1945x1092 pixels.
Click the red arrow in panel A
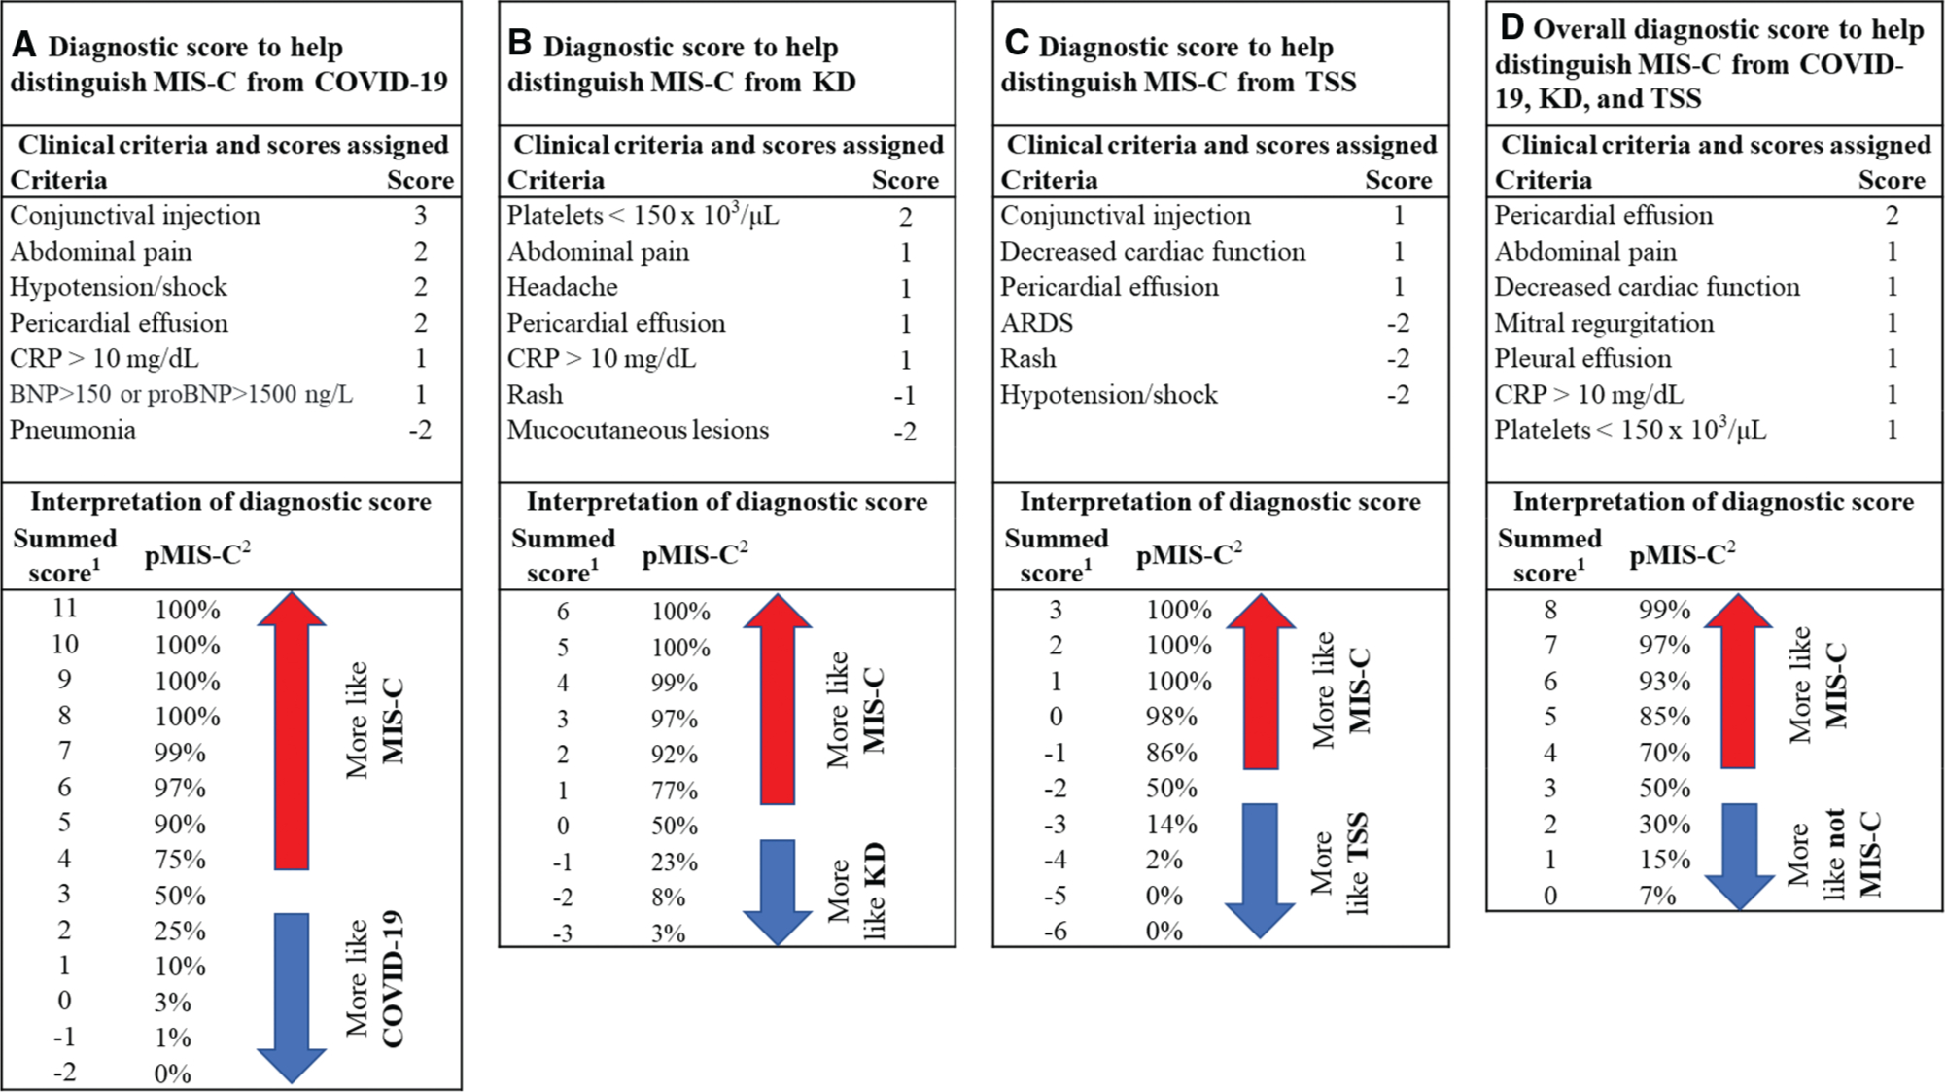click(x=292, y=729)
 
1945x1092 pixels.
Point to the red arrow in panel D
click(x=1738, y=681)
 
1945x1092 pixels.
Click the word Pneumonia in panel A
click(x=73, y=430)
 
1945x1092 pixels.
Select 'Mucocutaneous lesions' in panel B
click(x=638, y=430)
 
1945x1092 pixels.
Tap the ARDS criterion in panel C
click(x=1037, y=323)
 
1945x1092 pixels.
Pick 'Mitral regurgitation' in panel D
click(x=1604, y=323)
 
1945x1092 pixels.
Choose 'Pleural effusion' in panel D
click(x=1582, y=358)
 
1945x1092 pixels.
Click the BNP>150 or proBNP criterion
click(x=182, y=394)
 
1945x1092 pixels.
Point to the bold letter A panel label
click(x=24, y=45)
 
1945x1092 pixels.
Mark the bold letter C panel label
click(x=1016, y=43)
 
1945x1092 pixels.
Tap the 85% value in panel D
click(x=1665, y=717)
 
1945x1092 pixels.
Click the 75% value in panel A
click(x=180, y=860)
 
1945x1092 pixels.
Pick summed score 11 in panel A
click(x=65, y=609)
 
